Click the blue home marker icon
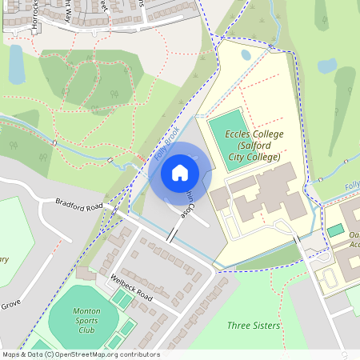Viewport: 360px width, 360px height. [180, 173]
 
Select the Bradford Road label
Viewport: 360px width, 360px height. [80, 206]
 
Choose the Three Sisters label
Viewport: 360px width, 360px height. [254, 326]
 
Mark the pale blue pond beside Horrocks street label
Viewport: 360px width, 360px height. [16, 64]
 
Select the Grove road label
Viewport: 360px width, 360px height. [10, 305]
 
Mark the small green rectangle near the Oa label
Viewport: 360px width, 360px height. [336, 230]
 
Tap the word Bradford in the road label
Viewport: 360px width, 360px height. [70, 204]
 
